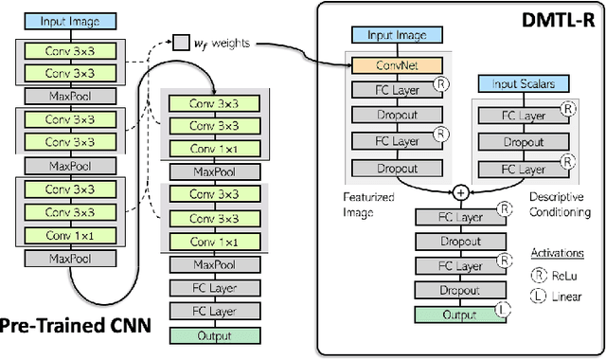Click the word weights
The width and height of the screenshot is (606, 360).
pyautogui.click(x=230, y=43)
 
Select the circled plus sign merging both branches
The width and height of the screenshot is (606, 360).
pyautogui.click(x=460, y=192)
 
